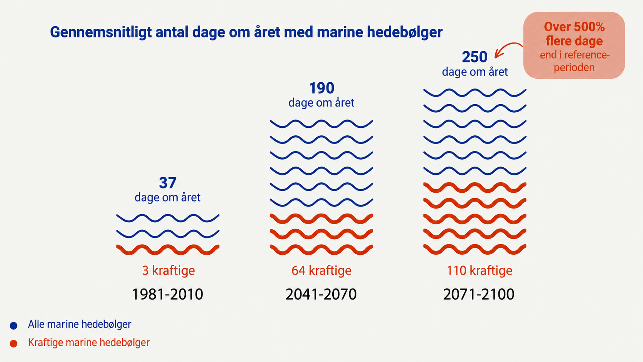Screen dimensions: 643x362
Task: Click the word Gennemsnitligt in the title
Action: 101,32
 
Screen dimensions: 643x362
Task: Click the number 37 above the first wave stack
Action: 168,183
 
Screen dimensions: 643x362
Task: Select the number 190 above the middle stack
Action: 321,88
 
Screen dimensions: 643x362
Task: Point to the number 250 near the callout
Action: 475,57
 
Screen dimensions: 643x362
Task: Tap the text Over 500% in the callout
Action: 574,27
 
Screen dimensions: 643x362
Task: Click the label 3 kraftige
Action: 168,270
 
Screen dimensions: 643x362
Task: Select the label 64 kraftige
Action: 321,270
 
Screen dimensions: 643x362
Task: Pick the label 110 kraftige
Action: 480,270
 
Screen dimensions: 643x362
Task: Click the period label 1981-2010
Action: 167,294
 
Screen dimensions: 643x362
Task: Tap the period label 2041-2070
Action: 321,294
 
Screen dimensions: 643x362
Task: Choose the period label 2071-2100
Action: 479,294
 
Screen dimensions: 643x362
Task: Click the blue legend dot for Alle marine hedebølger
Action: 13,325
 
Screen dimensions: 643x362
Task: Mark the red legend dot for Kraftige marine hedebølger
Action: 13,343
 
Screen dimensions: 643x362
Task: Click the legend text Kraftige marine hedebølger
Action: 89,342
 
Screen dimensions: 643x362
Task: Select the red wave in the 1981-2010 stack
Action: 168,249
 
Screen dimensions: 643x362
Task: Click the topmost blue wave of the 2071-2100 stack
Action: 475,93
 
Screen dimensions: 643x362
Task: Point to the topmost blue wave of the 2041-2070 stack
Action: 321,124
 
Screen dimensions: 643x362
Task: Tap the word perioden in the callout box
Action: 574,68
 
